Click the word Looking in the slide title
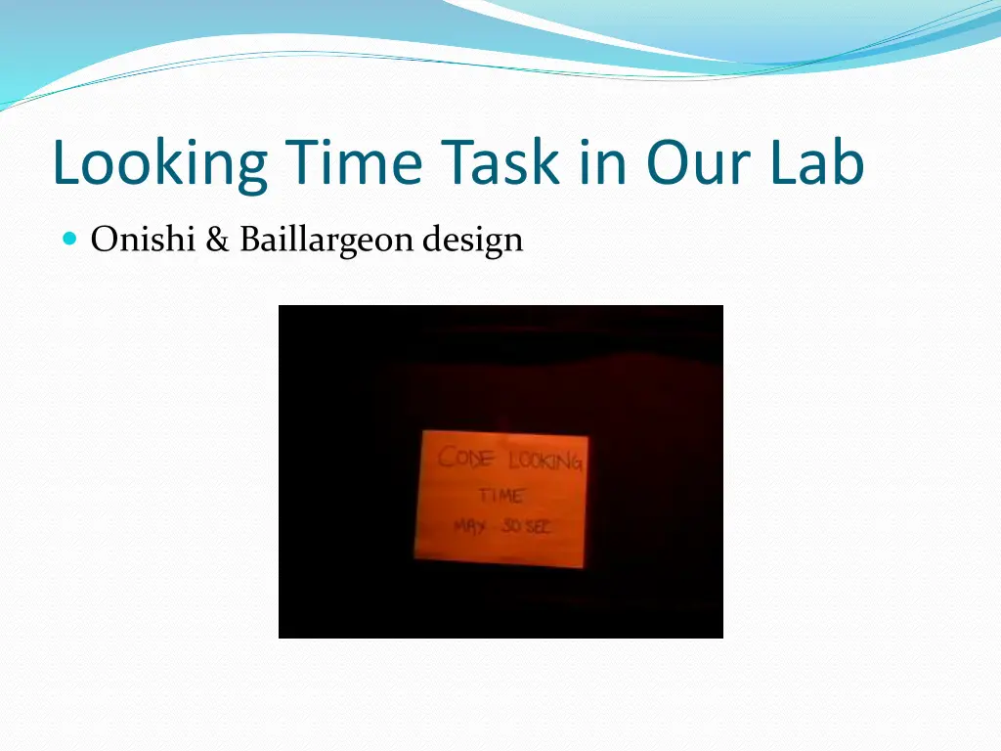(x=159, y=164)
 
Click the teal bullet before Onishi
(x=68, y=238)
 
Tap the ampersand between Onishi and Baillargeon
(x=216, y=239)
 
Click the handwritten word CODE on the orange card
(x=466, y=458)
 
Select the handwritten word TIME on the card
(x=500, y=495)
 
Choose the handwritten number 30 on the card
(x=512, y=526)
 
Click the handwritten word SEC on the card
(x=540, y=526)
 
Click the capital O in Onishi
(x=102, y=239)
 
